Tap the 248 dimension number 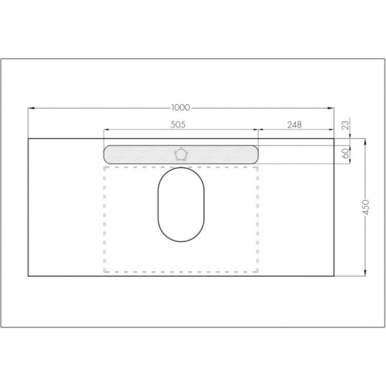(295, 125)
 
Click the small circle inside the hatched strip (181, 153)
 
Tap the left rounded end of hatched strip (109, 153)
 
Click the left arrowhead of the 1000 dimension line (30, 108)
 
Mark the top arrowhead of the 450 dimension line (365, 140)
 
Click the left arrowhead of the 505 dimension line (106, 129)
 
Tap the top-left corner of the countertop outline (28, 138)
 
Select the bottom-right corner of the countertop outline (335, 275)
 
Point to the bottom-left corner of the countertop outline (28, 275)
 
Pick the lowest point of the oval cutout (181, 243)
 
